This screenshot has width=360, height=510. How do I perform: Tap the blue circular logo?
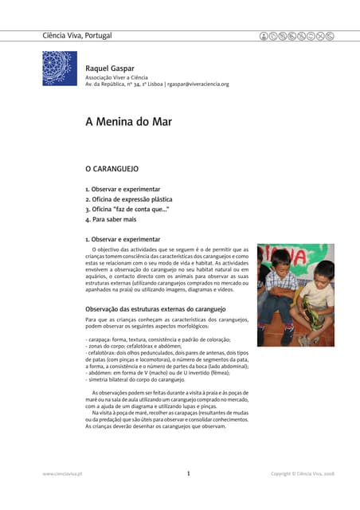coord(60,69)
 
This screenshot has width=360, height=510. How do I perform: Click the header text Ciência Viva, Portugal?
coord(76,35)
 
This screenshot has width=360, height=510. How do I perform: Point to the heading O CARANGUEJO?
coord(112,170)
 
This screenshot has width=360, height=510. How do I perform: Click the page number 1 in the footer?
coord(188,473)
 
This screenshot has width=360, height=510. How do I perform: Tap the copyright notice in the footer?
coord(302,474)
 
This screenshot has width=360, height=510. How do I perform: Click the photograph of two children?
coord(295,294)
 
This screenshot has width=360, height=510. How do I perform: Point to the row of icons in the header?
coord(297,36)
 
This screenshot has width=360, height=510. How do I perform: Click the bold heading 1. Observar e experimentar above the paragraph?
coord(123,239)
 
